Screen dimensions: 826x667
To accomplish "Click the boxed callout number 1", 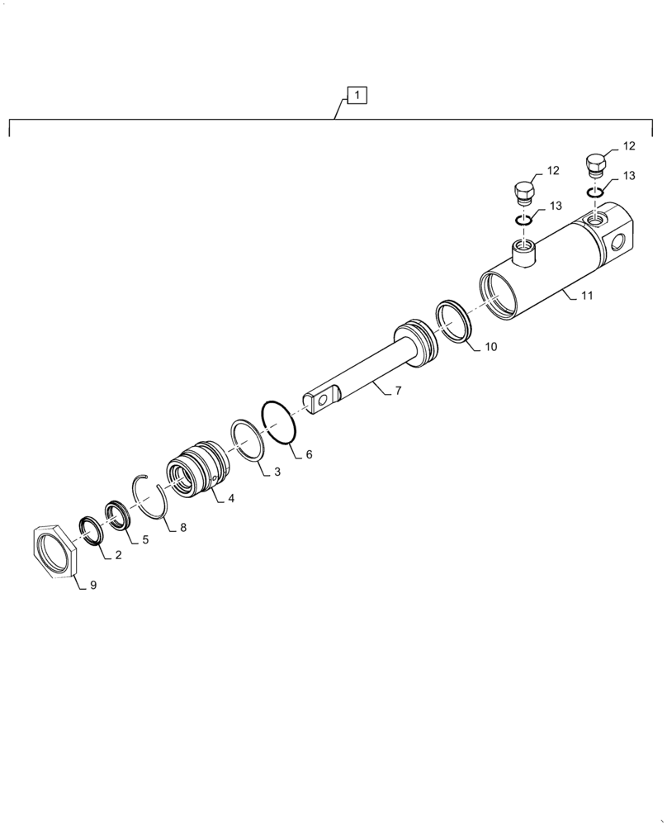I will click(x=357, y=96).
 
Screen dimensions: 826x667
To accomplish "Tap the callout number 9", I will click(x=93, y=585).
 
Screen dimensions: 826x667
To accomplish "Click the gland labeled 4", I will click(x=196, y=474).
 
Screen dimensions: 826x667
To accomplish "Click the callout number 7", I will click(x=398, y=390).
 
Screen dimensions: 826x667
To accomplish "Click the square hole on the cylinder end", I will click(x=619, y=240).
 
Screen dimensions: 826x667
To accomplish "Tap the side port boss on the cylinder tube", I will click(x=522, y=250).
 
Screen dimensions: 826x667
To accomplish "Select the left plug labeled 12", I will click(x=523, y=194).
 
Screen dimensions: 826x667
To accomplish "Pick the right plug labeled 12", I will click(x=596, y=164).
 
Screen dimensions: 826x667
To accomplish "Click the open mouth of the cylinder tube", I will click(x=499, y=294).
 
